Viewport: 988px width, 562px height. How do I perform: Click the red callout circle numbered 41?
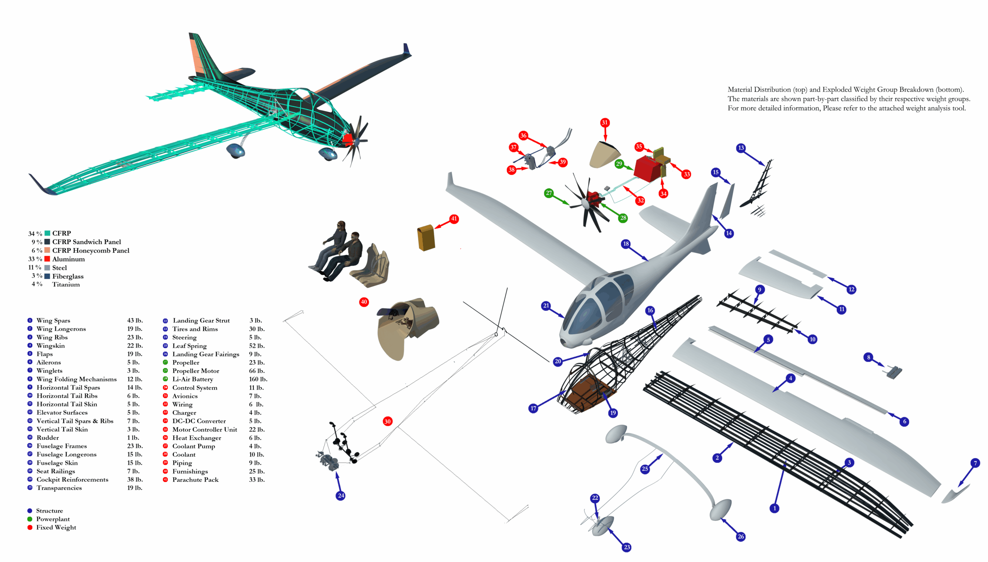point(454,219)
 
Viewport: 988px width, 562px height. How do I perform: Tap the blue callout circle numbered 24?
point(340,496)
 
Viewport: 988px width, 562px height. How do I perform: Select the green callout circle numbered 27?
point(549,193)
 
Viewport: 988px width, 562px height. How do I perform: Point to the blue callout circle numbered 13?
point(741,148)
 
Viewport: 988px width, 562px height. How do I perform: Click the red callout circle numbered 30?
point(387,421)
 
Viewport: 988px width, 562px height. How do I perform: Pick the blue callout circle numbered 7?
point(975,463)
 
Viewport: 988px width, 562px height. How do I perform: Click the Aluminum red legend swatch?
point(47,259)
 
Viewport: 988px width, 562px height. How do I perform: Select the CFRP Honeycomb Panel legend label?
point(91,251)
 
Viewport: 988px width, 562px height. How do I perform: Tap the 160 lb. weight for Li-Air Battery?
point(258,379)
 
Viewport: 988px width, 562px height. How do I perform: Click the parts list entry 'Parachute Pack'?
point(195,480)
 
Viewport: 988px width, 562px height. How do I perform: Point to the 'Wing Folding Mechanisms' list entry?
point(76,379)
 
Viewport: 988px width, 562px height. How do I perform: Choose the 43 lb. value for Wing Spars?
point(135,320)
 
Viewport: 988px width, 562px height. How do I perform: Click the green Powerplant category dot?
point(30,519)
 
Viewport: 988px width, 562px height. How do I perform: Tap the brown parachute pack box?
point(426,238)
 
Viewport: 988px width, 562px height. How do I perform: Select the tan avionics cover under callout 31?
point(605,154)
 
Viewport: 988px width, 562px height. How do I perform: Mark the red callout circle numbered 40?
point(364,302)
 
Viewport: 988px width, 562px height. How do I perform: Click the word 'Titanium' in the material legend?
point(66,284)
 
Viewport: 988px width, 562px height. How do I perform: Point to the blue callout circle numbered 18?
point(626,244)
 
